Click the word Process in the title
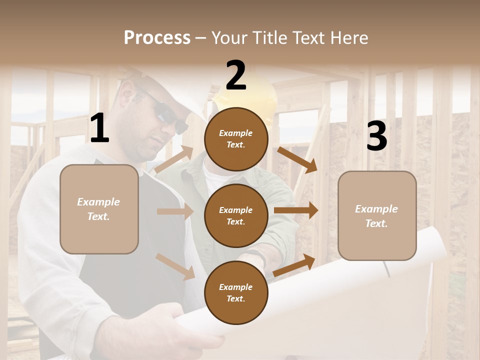tap(157, 37)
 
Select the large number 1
tap(99, 129)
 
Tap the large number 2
tap(236, 75)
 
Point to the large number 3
tap(376, 136)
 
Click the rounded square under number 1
tap(99, 209)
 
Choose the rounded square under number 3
tap(377, 215)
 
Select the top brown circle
tap(236, 139)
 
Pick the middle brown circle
tap(236, 215)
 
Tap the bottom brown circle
tap(236, 292)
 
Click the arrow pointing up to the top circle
tap(174, 160)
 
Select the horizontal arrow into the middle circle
tap(175, 211)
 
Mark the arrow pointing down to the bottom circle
tap(175, 266)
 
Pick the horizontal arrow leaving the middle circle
tap(296, 210)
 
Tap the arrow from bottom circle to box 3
tap(294, 265)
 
